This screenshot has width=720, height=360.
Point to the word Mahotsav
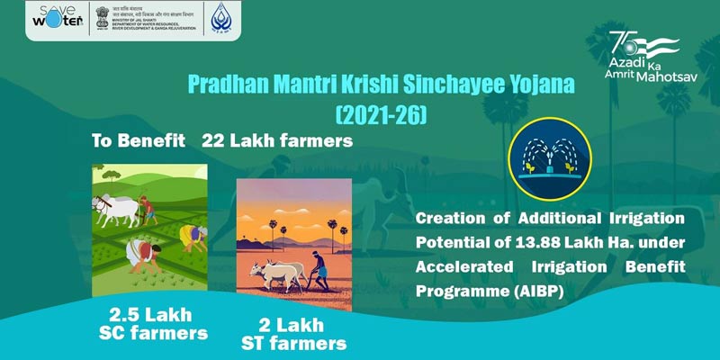coord(670,76)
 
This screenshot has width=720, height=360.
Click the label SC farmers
coord(158,334)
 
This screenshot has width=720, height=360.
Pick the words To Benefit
coord(133,142)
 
